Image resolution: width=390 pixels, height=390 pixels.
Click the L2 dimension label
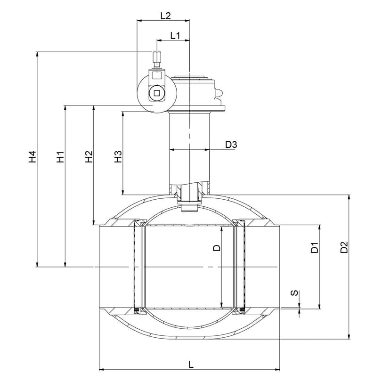click(x=165, y=16)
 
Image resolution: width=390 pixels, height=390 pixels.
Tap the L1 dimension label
click(x=175, y=36)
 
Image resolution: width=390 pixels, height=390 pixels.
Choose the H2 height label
click(x=89, y=157)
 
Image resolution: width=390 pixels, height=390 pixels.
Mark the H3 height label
click(x=118, y=157)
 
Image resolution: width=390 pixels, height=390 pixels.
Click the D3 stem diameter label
click(x=231, y=145)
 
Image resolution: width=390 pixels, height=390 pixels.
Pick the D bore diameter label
click(x=217, y=248)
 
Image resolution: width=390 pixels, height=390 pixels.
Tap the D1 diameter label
click(x=315, y=247)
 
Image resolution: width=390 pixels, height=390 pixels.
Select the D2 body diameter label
click(x=344, y=247)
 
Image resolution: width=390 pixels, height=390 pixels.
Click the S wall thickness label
click(x=294, y=293)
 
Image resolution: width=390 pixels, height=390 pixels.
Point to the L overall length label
click(x=191, y=365)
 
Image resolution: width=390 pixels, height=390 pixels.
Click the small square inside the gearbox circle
click(x=157, y=93)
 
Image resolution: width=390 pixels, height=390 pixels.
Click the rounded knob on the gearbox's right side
click(x=219, y=94)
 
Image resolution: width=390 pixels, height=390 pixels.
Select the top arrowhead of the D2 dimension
click(x=349, y=197)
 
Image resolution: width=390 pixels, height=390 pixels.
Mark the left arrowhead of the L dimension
click(x=102, y=370)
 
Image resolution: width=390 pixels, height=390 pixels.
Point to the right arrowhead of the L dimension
click(x=277, y=370)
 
